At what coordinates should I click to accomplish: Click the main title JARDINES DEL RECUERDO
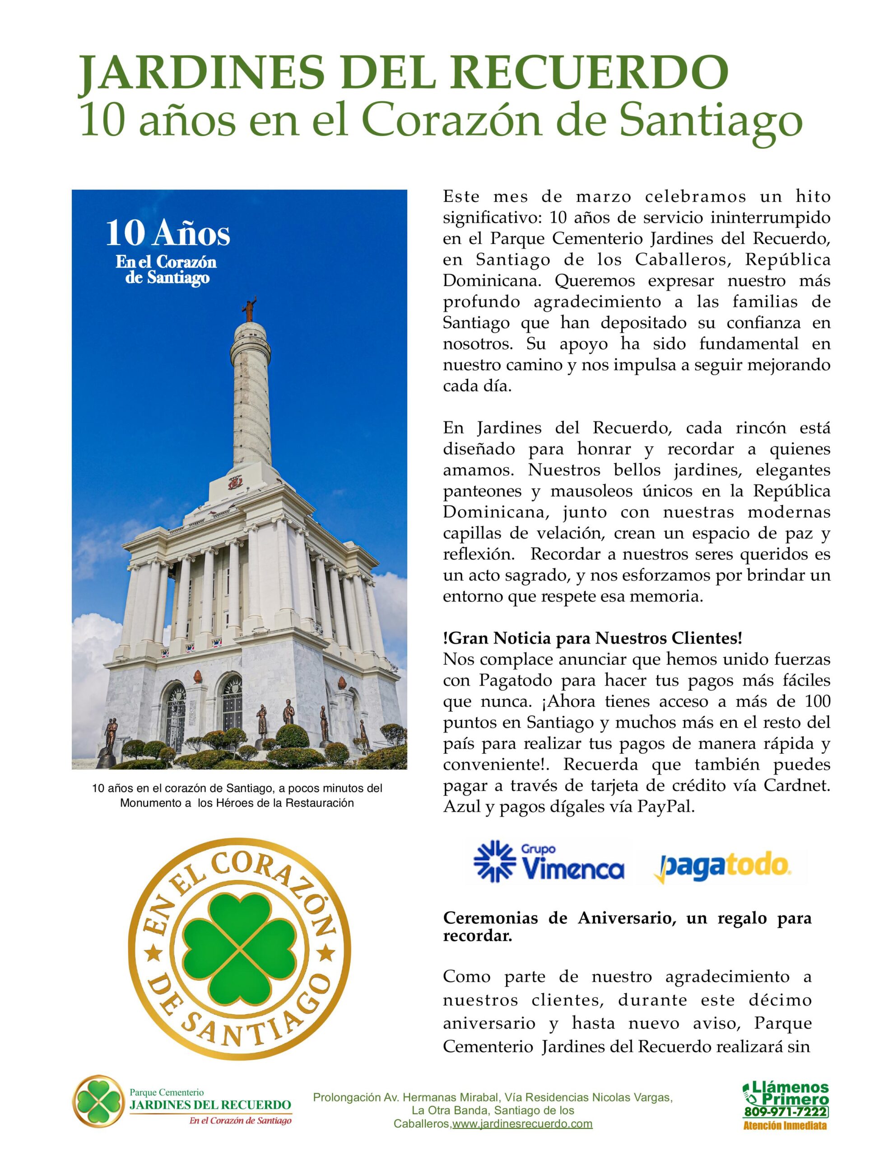click(403, 75)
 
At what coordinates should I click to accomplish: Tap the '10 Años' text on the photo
click(168, 234)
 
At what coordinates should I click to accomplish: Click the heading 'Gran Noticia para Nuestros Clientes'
click(592, 638)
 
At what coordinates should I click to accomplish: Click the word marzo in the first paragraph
click(604, 197)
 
